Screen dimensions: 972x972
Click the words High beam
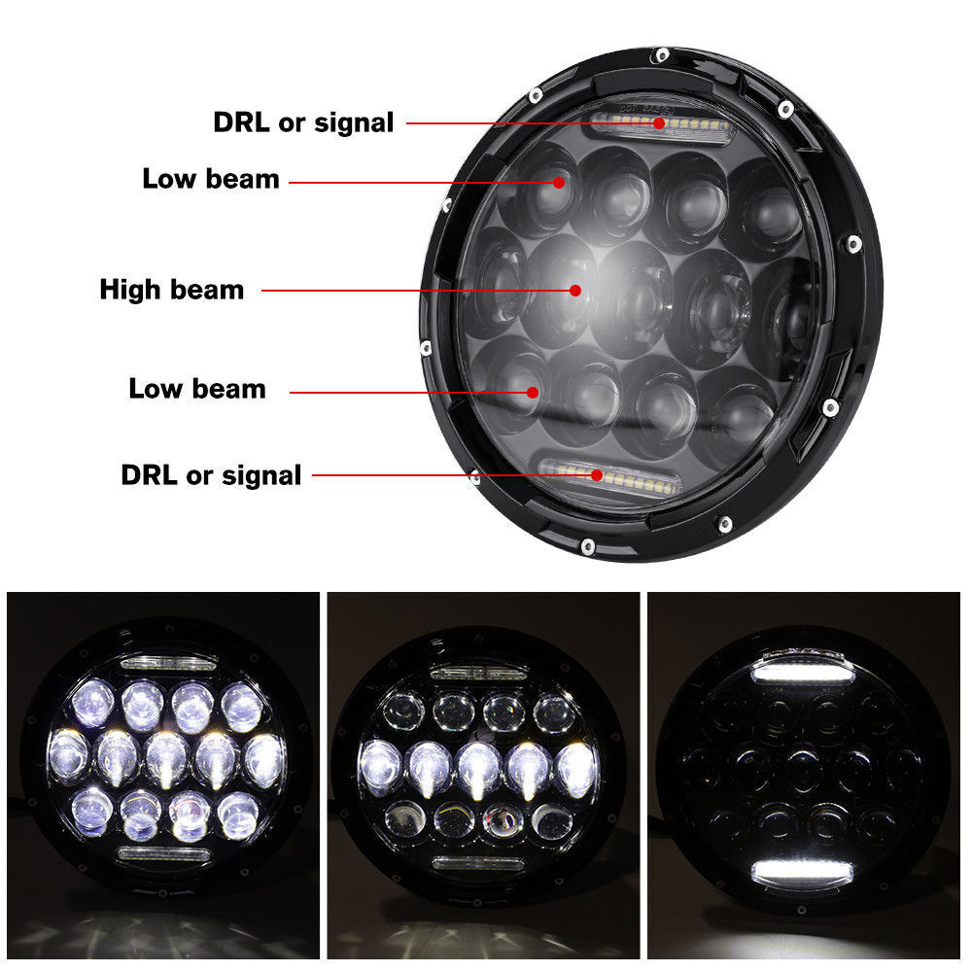click(x=172, y=290)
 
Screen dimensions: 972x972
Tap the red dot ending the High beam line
click(x=575, y=290)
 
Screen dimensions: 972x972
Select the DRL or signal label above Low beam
click(x=303, y=122)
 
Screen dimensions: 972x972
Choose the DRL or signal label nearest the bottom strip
click(x=211, y=475)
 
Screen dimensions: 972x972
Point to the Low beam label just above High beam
click(x=211, y=179)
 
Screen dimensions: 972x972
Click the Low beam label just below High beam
click(x=197, y=389)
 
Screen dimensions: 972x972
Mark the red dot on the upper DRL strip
click(x=659, y=122)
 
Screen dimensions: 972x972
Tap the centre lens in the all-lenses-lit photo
click(x=166, y=756)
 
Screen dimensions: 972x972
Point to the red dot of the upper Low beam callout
click(x=560, y=182)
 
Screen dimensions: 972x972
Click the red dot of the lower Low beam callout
click(x=533, y=392)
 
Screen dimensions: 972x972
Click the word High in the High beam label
click(x=133, y=290)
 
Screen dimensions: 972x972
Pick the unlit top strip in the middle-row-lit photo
click(x=477, y=672)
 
